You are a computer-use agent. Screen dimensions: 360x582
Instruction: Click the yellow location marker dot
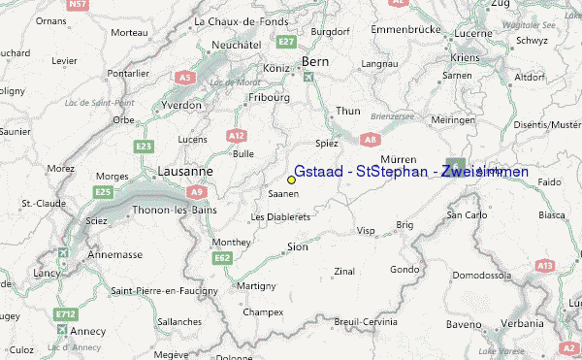[x=291, y=180]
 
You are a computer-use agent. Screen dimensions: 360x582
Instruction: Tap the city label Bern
[x=316, y=61]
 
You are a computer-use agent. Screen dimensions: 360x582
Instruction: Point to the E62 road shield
[x=222, y=257]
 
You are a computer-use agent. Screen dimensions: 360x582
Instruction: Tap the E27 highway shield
[x=285, y=42]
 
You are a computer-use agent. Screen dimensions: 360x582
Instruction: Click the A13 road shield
[x=544, y=265]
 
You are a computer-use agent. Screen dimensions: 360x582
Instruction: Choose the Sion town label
[x=299, y=247]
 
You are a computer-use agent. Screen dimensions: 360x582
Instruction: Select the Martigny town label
[x=257, y=286]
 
